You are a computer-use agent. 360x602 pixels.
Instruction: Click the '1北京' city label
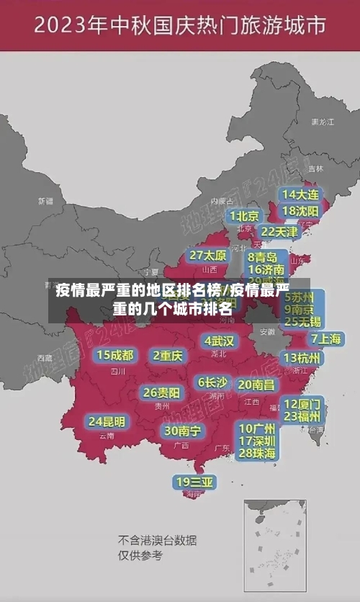click(x=244, y=215)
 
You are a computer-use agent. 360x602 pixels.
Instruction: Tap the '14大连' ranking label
click(x=300, y=194)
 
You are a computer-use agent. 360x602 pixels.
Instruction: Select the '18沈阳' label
click(x=300, y=211)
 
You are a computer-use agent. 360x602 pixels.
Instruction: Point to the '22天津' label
click(x=279, y=232)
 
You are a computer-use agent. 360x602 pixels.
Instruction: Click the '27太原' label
click(x=208, y=255)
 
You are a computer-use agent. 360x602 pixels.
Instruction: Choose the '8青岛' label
click(x=264, y=256)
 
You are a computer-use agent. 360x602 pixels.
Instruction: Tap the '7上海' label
click(x=326, y=338)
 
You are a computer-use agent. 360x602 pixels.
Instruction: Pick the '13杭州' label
click(x=303, y=358)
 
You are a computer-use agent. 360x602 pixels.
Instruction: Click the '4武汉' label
click(x=219, y=340)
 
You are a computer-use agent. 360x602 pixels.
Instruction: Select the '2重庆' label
click(x=168, y=355)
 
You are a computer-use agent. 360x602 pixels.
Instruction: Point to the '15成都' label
click(x=115, y=354)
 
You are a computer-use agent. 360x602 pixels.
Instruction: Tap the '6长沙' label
click(x=212, y=382)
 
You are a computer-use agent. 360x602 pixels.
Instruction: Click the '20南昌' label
click(x=256, y=385)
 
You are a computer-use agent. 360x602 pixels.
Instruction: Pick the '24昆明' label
click(x=107, y=421)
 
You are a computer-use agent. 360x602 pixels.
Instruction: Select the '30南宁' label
click(x=181, y=431)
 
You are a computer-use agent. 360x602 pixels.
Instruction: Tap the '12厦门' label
click(x=302, y=403)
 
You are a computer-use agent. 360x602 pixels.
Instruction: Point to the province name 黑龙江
click(x=322, y=122)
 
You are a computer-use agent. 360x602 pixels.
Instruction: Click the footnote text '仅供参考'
click(x=140, y=555)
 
